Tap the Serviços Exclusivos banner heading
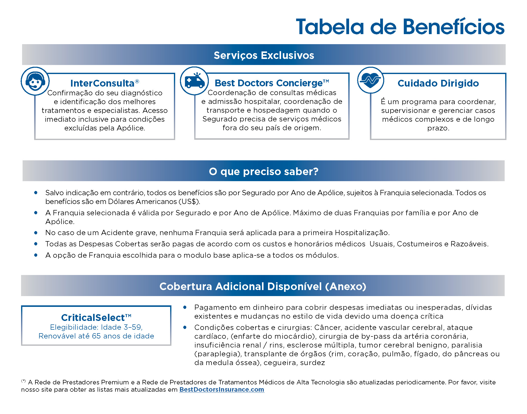264,55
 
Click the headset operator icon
35,81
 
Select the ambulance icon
194,81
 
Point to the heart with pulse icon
370,80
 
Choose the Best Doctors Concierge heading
269,83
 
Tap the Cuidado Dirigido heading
438,83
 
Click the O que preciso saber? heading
263,171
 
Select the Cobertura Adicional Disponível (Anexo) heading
263,286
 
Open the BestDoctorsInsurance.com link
222,389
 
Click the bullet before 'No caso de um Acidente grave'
36,233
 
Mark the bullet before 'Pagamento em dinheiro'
185,307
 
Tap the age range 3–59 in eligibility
133,327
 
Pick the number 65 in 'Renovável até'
96,336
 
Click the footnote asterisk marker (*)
23,381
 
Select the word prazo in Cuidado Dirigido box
438,128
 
